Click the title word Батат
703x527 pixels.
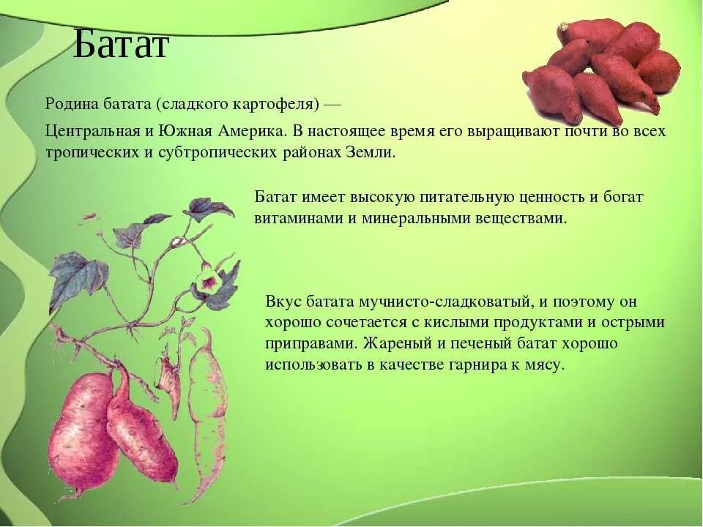pyautogui.click(x=121, y=44)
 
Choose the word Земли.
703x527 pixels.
pyautogui.click(x=371, y=152)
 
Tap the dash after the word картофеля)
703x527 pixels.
pyautogui.click(x=332, y=105)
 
